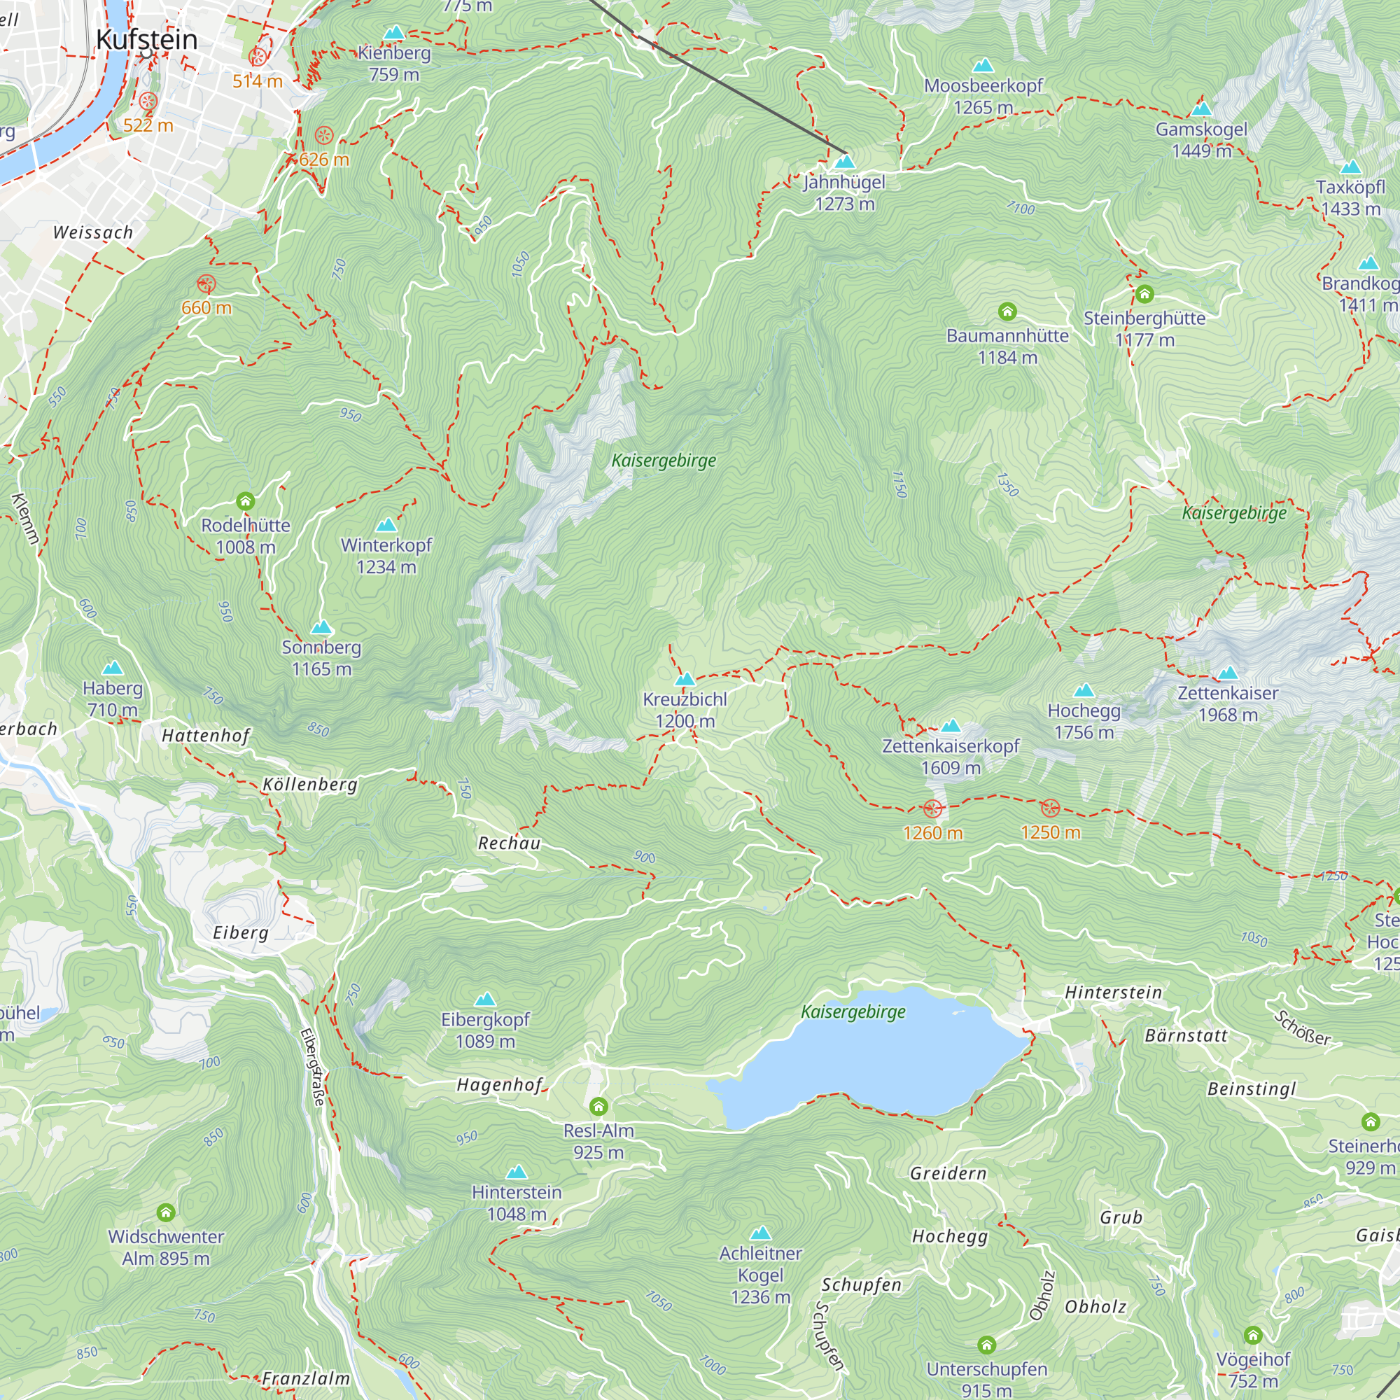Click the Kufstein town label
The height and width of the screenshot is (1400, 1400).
tap(146, 39)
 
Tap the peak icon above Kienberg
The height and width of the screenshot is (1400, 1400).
tap(393, 33)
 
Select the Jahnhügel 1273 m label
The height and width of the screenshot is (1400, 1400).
tap(844, 192)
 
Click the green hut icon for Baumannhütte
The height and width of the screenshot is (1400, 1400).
tap(1007, 311)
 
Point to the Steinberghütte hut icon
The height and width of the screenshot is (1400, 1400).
tap(1144, 294)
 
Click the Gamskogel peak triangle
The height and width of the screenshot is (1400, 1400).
tap(1201, 109)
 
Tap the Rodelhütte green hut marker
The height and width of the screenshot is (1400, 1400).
tap(246, 500)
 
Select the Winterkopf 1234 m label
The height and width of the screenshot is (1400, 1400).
tap(386, 556)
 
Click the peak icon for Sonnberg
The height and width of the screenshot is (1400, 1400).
tap(321, 626)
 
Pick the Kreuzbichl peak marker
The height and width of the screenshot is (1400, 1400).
tap(685, 679)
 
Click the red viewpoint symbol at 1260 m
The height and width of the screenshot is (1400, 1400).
tap(932, 808)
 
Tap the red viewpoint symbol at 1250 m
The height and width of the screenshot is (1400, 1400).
tap(1050, 808)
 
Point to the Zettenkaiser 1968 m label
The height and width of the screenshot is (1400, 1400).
tap(1228, 703)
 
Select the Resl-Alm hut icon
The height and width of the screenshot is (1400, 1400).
tap(598, 1107)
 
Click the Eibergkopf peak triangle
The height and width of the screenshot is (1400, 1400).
tap(485, 1000)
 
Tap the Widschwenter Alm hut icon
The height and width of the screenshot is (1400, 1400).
tap(166, 1212)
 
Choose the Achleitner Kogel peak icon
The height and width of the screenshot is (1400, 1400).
tap(760, 1233)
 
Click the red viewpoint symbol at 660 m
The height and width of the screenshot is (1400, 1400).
tap(206, 283)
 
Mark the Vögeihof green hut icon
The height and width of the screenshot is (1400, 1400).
tap(1253, 1335)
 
